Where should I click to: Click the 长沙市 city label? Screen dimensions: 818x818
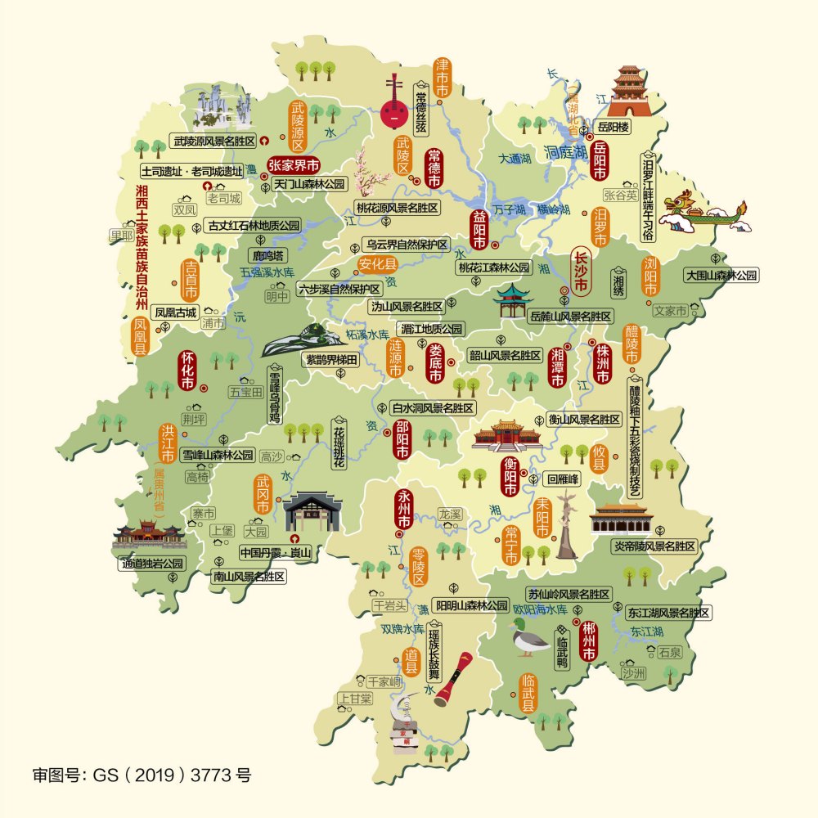pos(582,272)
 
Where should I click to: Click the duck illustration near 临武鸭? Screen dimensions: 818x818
pos(528,639)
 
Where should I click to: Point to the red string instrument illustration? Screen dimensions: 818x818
pos(394,105)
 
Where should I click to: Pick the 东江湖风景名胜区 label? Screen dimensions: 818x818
pos(667,612)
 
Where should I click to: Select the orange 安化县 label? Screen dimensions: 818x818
pos(377,263)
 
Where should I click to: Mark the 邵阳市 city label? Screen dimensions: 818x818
pos(402,439)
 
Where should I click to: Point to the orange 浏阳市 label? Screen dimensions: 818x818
pos(651,277)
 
